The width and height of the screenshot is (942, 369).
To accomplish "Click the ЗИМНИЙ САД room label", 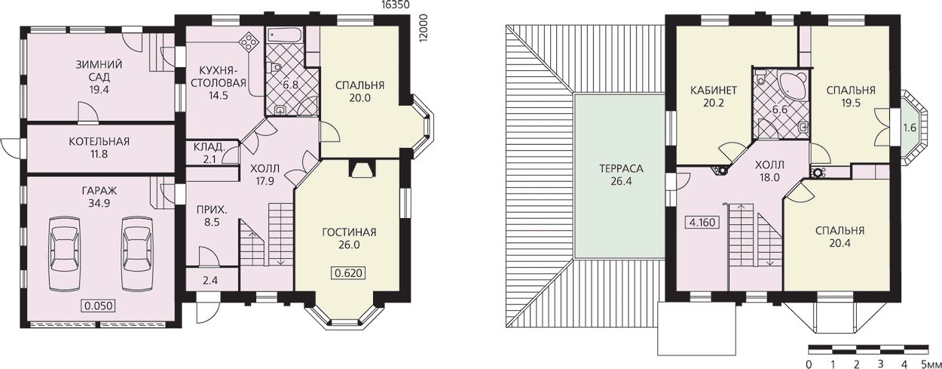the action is pos(99,71).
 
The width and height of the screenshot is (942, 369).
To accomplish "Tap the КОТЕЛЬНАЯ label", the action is pos(99,142).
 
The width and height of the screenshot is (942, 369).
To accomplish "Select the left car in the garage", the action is pos(64,253).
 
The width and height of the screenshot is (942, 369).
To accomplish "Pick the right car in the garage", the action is pos(137,253).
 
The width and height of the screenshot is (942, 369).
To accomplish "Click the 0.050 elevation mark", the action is pos(99,306).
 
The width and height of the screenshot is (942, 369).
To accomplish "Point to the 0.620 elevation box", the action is pos(349,273).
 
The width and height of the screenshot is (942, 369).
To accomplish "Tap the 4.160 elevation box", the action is pos(702,222).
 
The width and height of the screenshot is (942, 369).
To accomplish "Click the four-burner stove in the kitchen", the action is pos(249,42).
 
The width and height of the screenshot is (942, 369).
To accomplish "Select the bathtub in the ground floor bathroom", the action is pos(284,35).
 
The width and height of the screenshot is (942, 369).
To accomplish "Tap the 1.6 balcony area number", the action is pos(909,128).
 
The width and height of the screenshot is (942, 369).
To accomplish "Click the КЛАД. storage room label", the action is pos(209,147).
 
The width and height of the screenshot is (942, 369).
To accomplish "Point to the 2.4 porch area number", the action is pos(210,280).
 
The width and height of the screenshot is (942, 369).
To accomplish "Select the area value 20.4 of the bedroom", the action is pos(840,243).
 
